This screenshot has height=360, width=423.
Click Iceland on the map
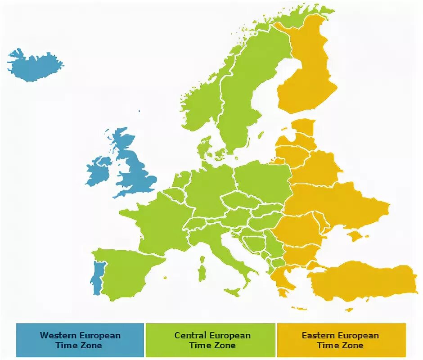click(34, 66)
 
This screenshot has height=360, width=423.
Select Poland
click(263, 180)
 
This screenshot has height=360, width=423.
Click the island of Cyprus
click(349, 309)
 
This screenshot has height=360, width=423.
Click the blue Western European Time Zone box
click(80, 340)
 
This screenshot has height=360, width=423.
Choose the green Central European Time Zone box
click(211, 340)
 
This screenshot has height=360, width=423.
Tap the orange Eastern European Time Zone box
click(341, 340)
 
